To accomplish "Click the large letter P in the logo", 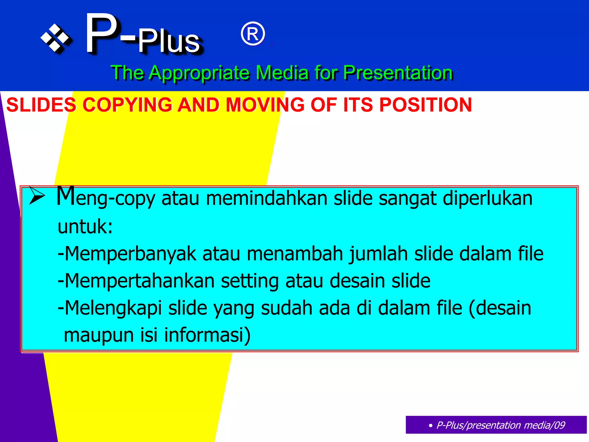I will (x=102, y=34).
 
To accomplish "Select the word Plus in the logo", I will (x=169, y=42).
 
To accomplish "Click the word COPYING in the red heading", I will (x=127, y=105).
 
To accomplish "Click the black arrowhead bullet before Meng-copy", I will (x=37, y=196).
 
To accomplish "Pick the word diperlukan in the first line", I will (x=487, y=199).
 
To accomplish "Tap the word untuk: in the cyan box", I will (x=85, y=226).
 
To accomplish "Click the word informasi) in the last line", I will (x=207, y=335).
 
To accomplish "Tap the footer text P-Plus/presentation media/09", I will (x=500, y=425).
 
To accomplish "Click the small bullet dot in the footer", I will (x=430, y=426).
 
